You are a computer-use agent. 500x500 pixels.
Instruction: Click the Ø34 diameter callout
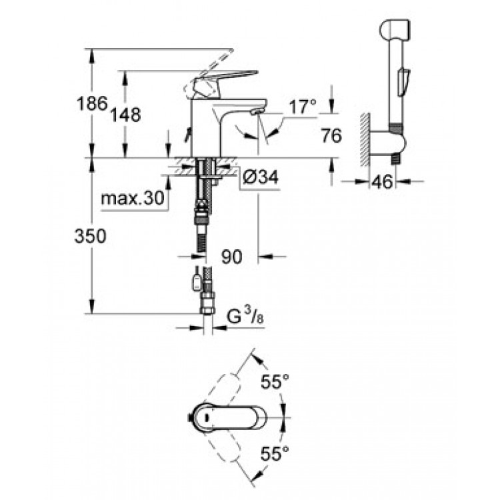point(256,177)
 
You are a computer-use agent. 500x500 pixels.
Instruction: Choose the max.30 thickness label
point(133,198)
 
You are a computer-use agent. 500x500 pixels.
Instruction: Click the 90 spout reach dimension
point(233,256)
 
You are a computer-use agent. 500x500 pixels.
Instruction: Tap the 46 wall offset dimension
point(382,181)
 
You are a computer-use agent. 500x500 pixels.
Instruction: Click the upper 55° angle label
point(275,382)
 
